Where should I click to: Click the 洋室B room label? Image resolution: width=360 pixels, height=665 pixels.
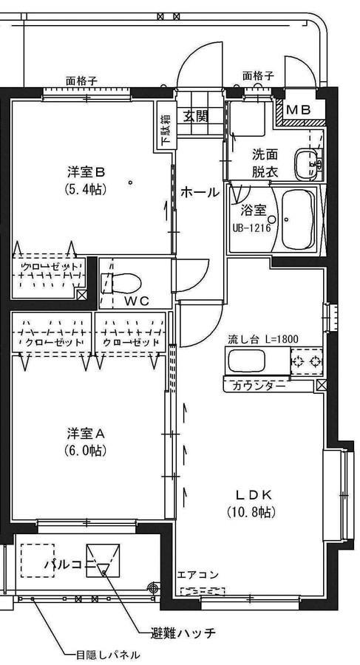86,172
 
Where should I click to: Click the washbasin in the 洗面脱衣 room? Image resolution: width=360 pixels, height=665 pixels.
305,163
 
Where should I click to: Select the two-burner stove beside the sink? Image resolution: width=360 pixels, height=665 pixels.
307,361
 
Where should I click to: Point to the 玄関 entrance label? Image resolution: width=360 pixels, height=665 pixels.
196,116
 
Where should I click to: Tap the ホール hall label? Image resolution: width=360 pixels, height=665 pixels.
200,192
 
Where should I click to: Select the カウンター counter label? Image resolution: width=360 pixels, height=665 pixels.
259,385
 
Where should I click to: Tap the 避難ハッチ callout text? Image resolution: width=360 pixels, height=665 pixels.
183,634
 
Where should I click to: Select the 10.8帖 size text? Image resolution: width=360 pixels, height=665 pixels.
255,511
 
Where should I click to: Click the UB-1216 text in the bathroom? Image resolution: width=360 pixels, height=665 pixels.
251,227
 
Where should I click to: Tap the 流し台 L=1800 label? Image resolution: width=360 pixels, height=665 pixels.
262,339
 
